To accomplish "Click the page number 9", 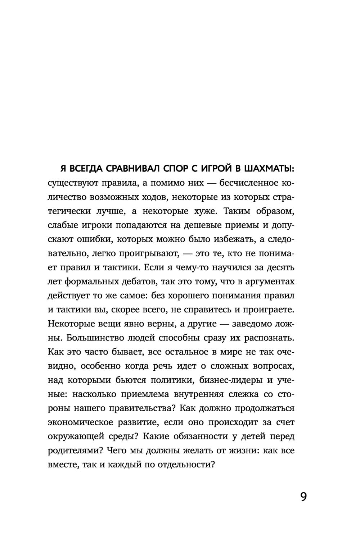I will click(x=303, y=497).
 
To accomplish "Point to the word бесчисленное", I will click(x=248, y=183).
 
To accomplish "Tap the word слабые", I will click(x=60, y=225).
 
